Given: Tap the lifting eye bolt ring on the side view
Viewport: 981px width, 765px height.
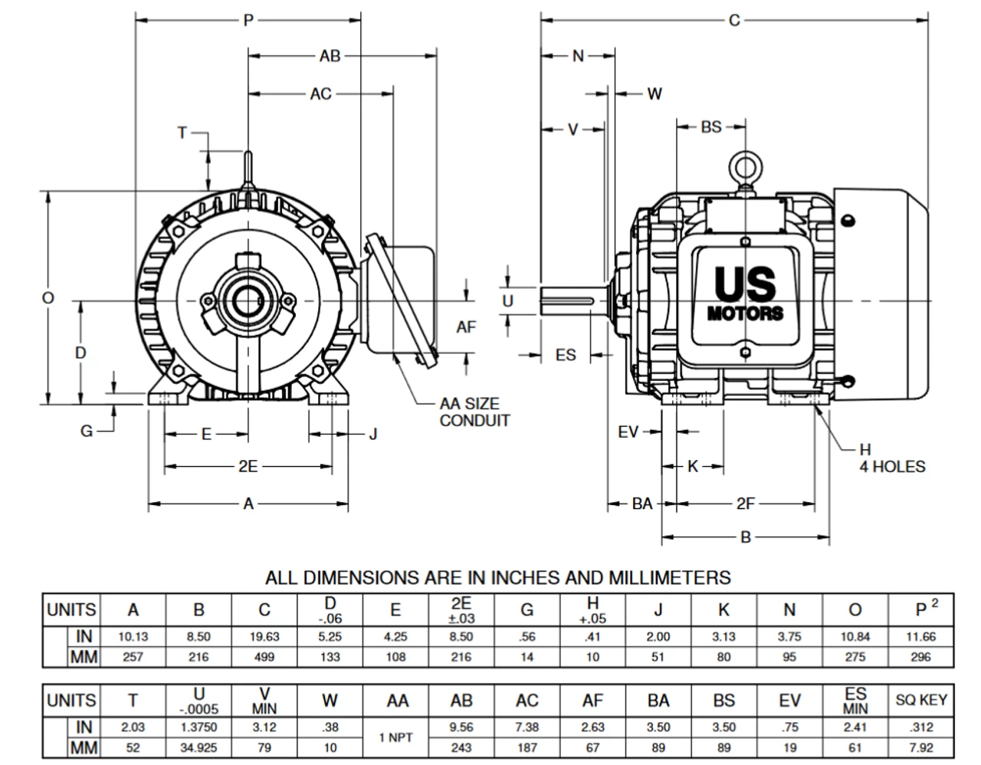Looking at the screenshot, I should point(743,166).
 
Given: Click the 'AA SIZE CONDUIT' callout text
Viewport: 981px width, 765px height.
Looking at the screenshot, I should point(474,412).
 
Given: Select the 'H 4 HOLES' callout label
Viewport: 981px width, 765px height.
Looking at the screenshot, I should point(891,458).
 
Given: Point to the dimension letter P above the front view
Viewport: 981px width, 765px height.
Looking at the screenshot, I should point(248,21).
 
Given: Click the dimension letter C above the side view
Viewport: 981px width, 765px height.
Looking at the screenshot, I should point(734,21).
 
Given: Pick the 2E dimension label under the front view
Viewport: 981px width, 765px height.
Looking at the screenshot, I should point(248,466).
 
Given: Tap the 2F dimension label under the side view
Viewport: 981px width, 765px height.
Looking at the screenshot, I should point(745,504).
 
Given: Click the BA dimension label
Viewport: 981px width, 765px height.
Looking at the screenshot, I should point(641,504).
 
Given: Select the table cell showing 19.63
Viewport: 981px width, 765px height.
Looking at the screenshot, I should point(264,636).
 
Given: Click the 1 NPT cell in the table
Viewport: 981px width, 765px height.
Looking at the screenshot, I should point(395,737).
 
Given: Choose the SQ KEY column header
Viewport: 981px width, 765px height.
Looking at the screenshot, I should point(921,700).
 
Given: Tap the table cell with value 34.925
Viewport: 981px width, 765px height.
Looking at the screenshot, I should point(198,747).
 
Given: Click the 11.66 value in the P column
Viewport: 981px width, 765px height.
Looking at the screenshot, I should point(921,636).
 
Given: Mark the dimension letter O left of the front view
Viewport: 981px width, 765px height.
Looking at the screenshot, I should point(48,298).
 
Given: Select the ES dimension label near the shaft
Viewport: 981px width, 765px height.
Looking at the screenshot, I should point(565,355).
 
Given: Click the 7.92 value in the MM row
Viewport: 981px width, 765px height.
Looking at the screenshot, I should point(921,747).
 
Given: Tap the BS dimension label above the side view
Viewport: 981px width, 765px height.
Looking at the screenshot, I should point(711,126).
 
